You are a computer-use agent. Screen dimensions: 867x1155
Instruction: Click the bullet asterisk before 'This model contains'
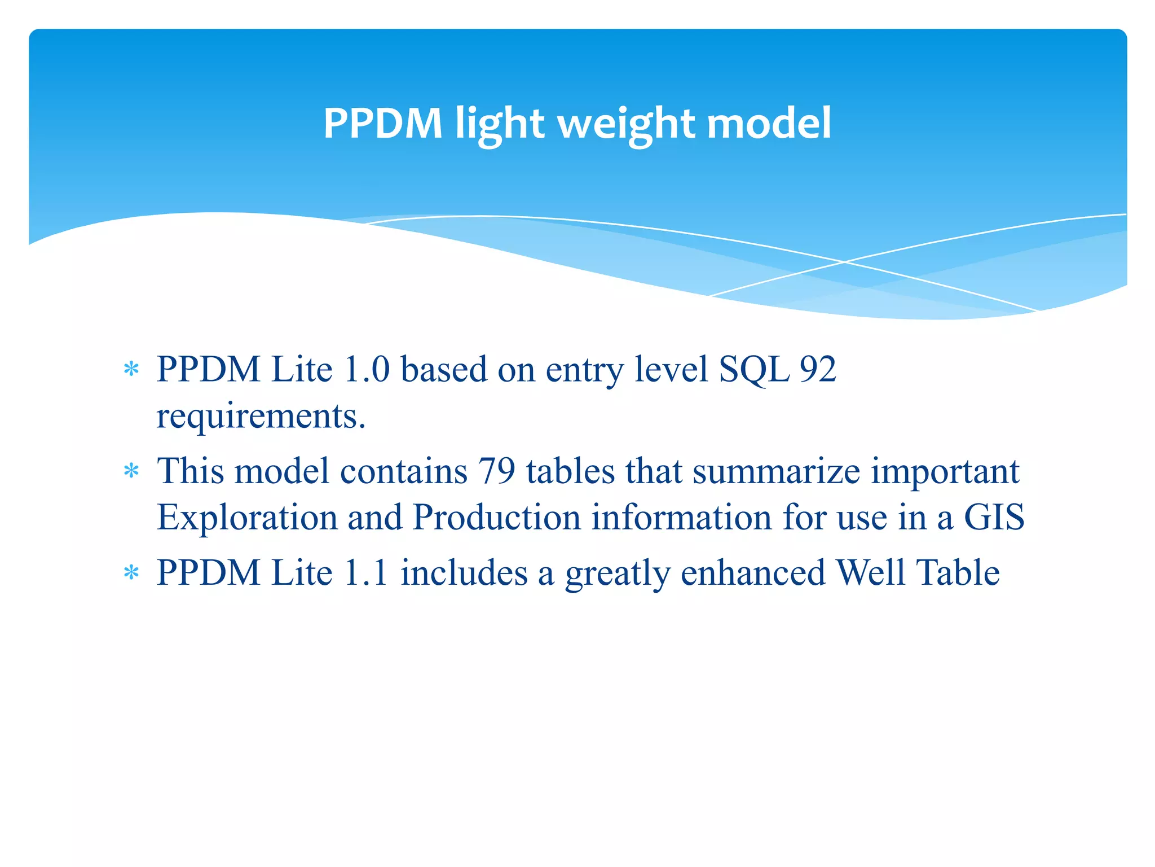(131, 471)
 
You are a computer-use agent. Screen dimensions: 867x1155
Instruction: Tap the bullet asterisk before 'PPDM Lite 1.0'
(131, 370)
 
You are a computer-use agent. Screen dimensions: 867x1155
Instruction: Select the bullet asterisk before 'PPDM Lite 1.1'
(131, 573)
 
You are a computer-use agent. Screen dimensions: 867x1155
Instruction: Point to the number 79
(496, 471)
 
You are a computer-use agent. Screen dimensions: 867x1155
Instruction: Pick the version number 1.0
(367, 369)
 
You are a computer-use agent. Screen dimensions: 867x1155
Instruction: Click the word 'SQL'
(754, 370)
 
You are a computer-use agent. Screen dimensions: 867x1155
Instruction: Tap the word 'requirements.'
(261, 417)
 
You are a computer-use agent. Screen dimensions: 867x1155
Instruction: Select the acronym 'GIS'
(994, 517)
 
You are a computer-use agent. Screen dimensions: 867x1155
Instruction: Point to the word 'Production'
(496, 517)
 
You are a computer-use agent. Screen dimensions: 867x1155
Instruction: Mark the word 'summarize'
(776, 471)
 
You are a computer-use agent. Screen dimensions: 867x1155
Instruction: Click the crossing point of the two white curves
(844, 262)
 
